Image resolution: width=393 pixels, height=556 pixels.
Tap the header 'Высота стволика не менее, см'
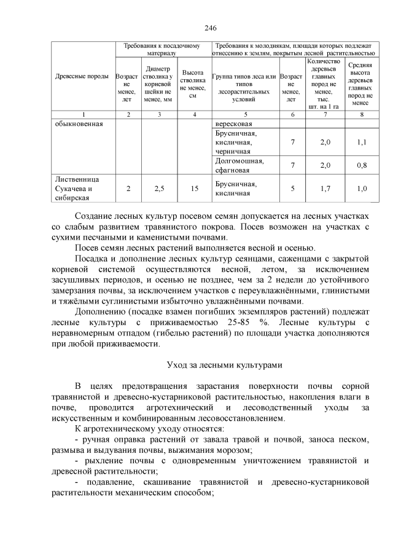tap(194, 84)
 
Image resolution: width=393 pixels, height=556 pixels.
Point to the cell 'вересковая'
tap(234, 123)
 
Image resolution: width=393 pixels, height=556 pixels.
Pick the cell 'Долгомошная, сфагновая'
tap(239, 165)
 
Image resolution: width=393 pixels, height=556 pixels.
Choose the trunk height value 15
tap(194, 189)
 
